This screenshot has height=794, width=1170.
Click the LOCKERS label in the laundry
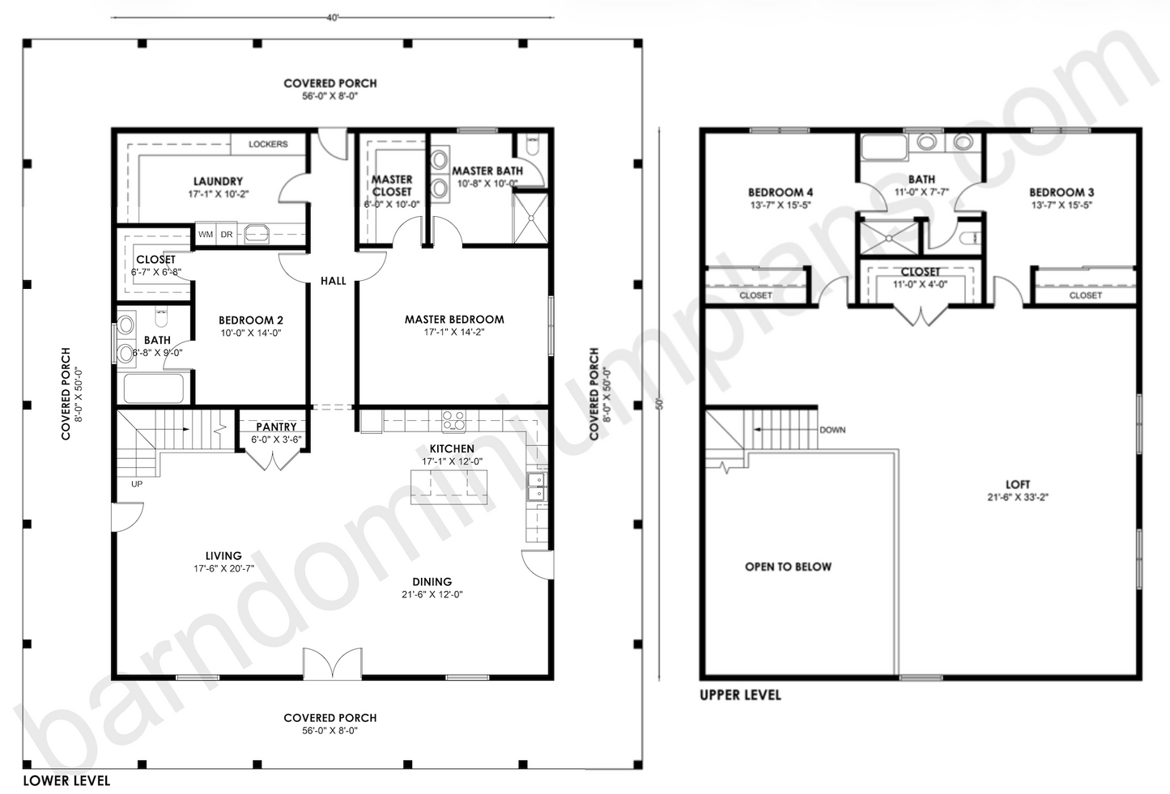tap(268, 144)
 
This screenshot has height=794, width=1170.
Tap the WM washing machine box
tap(206, 235)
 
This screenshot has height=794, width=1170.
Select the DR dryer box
tap(227, 235)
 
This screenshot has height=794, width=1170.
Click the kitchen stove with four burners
tap(453, 421)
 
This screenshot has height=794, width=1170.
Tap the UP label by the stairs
tap(137, 484)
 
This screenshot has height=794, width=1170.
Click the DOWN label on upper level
tap(832, 430)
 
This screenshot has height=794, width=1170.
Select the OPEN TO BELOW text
tap(788, 567)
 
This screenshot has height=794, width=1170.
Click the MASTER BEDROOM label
tap(454, 320)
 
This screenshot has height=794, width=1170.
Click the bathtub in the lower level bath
tap(153, 389)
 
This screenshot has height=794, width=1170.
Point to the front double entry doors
tap(332, 664)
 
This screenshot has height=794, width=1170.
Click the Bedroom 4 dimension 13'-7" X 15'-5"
tap(780, 206)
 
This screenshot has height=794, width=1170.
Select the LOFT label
tap(1018, 484)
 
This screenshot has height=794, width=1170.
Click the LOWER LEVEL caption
tap(66, 780)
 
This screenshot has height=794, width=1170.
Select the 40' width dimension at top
tap(332, 18)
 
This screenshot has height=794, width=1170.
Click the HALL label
tap(333, 281)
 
